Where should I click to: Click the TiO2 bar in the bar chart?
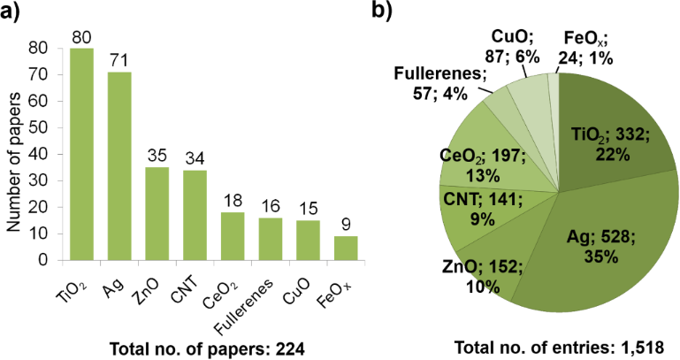(x=82, y=155)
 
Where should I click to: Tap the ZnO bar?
(x=157, y=213)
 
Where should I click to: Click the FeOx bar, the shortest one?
(x=347, y=248)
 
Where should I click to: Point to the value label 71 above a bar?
(x=119, y=61)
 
